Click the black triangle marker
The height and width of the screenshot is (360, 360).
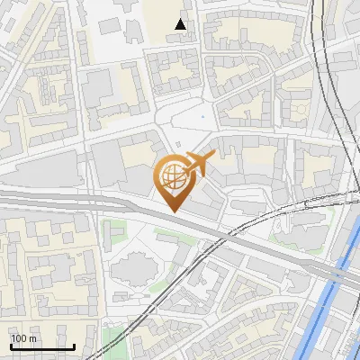tap(181, 24)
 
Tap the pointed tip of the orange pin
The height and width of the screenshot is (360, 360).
tap(172, 211)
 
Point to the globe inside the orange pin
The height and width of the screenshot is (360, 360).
tap(171, 176)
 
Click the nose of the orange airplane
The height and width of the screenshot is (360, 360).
tap(212, 156)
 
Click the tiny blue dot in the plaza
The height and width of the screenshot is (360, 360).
tap(202, 116)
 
